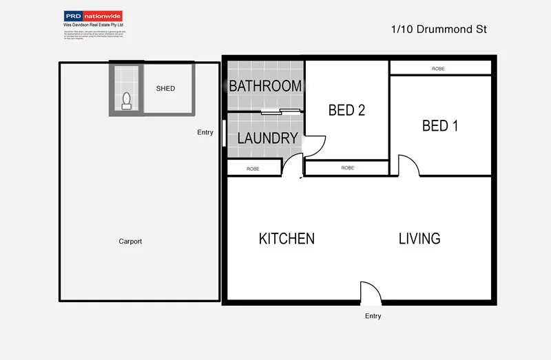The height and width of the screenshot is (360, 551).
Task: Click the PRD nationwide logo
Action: click(x=93, y=15)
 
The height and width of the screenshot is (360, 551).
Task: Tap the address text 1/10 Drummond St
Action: click(x=439, y=30)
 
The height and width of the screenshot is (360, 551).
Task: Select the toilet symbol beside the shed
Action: click(x=126, y=101)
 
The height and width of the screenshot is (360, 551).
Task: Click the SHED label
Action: click(x=165, y=89)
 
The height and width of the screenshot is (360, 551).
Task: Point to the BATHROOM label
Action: click(x=265, y=86)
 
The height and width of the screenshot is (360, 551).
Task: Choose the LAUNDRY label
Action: click(x=267, y=138)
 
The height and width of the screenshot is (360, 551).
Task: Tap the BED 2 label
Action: click(x=346, y=110)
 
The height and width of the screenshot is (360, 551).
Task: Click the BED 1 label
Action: click(x=440, y=125)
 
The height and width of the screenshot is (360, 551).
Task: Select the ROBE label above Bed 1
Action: click(x=438, y=69)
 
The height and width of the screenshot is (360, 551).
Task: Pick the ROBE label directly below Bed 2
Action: click(x=347, y=168)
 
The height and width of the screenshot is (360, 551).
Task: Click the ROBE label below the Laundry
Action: click(x=253, y=169)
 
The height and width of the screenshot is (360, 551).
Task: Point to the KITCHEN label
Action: click(x=287, y=239)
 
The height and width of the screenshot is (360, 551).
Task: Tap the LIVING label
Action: click(x=419, y=239)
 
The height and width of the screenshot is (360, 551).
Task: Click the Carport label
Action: click(x=130, y=242)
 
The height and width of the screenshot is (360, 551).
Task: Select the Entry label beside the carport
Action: click(x=205, y=132)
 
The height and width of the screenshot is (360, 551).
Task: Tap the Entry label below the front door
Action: click(x=373, y=316)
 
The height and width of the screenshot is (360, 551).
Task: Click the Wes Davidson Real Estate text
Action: click(x=93, y=25)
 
